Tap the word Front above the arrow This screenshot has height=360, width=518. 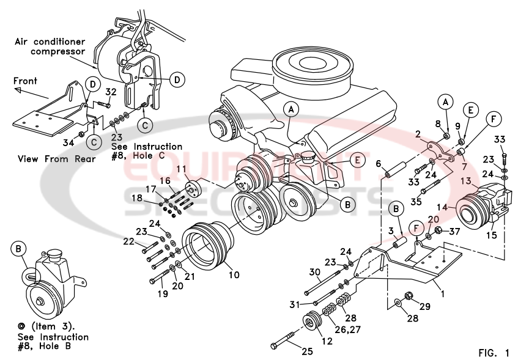pyautogui.click(x=25, y=81)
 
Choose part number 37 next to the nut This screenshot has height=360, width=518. pyautogui.click(x=454, y=231)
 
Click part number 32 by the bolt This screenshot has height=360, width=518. pyautogui.click(x=111, y=92)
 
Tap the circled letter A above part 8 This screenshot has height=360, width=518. pyautogui.click(x=446, y=101)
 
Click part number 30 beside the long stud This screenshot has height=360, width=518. pyautogui.click(x=314, y=271)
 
